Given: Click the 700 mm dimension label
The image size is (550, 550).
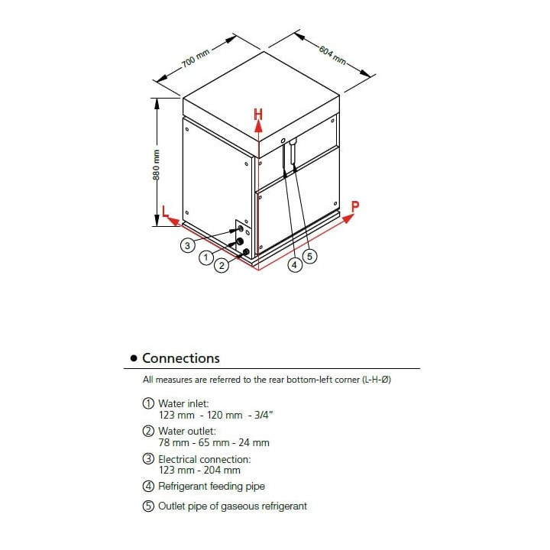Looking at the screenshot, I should [x=195, y=59].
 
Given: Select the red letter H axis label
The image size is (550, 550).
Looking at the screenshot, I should [x=259, y=115].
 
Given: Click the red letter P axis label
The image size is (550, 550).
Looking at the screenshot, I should [x=354, y=205].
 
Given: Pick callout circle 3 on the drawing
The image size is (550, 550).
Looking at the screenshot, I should [x=186, y=245].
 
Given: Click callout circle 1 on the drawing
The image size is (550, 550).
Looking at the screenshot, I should [x=205, y=258].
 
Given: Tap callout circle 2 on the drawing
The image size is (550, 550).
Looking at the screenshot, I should [x=222, y=266].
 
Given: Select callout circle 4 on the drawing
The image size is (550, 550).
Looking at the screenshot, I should [x=294, y=265].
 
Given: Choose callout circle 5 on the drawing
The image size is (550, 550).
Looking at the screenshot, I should [x=309, y=257].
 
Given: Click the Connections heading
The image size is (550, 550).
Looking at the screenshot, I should [x=180, y=358].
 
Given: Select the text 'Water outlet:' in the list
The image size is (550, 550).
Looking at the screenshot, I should [x=186, y=431].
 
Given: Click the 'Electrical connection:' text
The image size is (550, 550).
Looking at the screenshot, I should [x=204, y=459].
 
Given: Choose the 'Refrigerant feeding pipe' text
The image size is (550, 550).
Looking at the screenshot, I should [x=212, y=487].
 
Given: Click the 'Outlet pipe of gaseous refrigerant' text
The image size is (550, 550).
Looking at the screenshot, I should [x=232, y=506].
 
